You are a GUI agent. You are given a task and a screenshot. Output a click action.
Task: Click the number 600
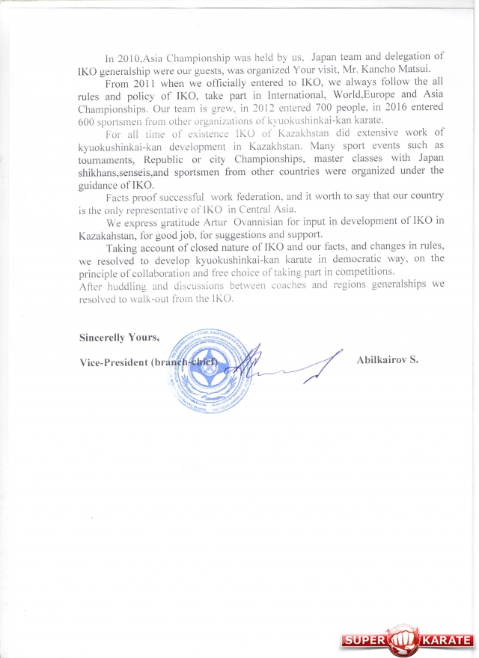coord(89,121)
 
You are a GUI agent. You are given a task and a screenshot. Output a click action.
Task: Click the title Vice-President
coord(112,362)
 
